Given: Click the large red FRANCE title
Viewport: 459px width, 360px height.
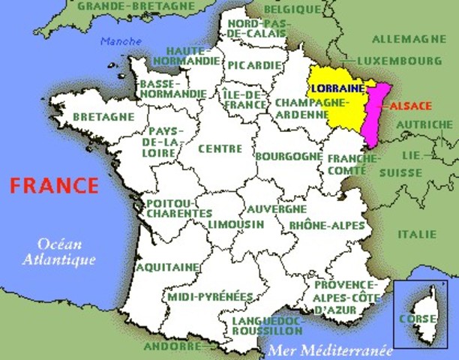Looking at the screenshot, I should (53, 185).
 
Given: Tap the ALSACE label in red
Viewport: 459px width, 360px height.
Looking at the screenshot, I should (410, 106).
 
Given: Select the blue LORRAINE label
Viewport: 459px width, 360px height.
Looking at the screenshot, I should (337, 88).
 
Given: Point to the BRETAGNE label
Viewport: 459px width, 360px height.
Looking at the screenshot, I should (104, 117).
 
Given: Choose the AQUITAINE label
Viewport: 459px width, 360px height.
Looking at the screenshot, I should (168, 266).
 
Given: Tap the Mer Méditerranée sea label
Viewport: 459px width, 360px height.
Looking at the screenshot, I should (329, 350).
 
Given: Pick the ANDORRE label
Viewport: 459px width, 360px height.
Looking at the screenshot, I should (171, 346).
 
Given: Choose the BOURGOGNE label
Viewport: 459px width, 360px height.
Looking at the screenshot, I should (289, 156).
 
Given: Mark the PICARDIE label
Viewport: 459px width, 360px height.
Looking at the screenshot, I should (255, 64).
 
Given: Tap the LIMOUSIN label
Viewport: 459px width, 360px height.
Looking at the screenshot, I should (236, 224).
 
